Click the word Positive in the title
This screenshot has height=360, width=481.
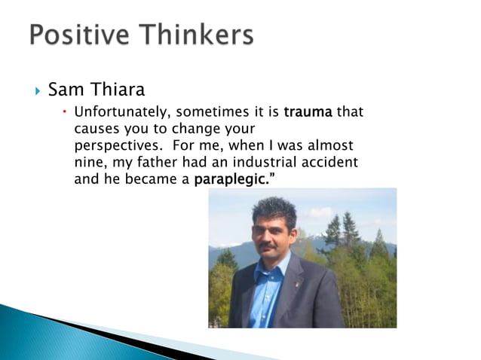click(81, 35)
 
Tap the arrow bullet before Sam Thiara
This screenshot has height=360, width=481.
click(38, 92)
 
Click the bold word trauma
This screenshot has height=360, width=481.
click(308, 113)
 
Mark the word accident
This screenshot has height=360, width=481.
click(329, 163)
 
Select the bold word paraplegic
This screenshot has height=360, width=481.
click(229, 180)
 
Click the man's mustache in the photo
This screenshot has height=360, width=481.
click(268, 246)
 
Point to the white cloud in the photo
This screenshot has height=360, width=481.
click(320, 212)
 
